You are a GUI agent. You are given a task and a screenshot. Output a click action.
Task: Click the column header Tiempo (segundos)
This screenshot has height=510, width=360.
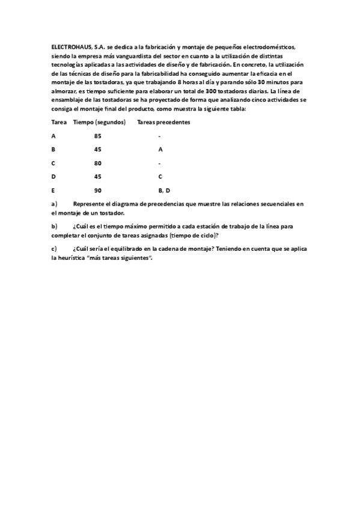pyautogui.click(x=99, y=122)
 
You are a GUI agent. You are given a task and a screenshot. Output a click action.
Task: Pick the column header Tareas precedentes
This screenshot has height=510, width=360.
pyautogui.click(x=163, y=122)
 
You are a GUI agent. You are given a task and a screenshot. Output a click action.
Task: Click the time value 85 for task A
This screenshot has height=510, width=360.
pyautogui.click(x=97, y=136)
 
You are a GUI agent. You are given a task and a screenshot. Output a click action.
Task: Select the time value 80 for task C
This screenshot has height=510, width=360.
pyautogui.click(x=97, y=163)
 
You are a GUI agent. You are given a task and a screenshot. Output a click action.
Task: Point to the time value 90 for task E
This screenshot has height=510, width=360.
pyautogui.click(x=97, y=190)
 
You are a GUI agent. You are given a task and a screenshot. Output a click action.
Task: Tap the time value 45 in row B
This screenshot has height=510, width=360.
pyautogui.click(x=97, y=149)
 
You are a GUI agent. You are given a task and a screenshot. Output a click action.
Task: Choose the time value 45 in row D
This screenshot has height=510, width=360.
pyautogui.click(x=97, y=177)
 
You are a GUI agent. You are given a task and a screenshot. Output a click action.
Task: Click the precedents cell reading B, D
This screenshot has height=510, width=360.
pyautogui.click(x=164, y=190)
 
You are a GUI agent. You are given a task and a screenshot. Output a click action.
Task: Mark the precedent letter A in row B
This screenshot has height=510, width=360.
pyautogui.click(x=160, y=149)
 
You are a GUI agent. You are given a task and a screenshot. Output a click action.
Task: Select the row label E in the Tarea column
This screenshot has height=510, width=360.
pyautogui.click(x=53, y=190)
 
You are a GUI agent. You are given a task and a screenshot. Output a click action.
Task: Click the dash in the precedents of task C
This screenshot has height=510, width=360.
pyautogui.click(x=159, y=163)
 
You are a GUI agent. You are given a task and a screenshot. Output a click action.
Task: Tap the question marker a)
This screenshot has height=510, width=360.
pyautogui.click(x=54, y=204)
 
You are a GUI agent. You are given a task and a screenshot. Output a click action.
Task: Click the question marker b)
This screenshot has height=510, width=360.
pyautogui.click(x=54, y=226)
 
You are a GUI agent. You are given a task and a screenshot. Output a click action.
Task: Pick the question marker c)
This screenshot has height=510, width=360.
pyautogui.click(x=54, y=248)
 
